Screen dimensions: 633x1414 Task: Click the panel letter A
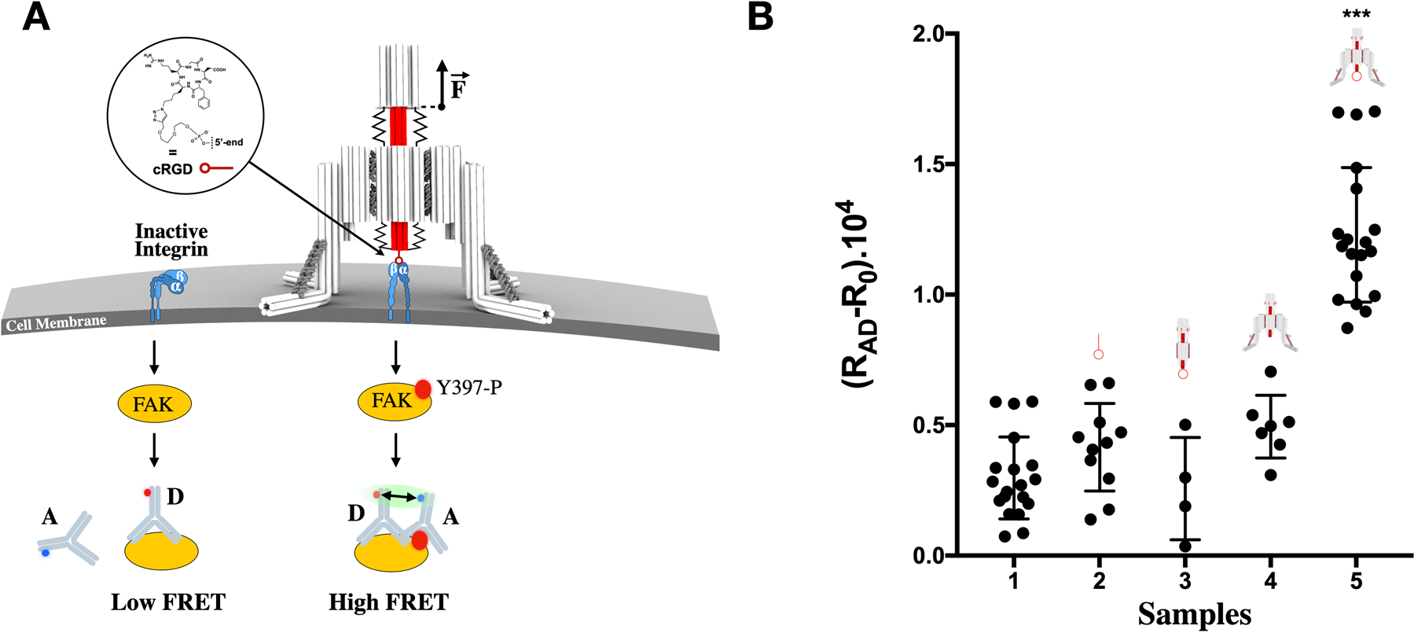(x=36, y=17)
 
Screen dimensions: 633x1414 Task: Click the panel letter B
(x=761, y=17)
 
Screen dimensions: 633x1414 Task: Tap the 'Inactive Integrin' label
(x=171, y=240)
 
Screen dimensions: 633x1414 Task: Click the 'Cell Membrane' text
(x=56, y=323)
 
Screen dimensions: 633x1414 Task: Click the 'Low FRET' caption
(x=168, y=602)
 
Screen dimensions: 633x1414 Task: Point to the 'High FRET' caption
(x=388, y=602)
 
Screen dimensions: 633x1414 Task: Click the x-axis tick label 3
(x=1185, y=582)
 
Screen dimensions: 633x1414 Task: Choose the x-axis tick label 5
(x=1357, y=582)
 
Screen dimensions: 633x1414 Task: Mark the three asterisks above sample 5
(x=1357, y=15)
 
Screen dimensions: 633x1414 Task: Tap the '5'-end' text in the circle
(x=229, y=142)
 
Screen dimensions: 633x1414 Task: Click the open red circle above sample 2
(x=1099, y=355)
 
